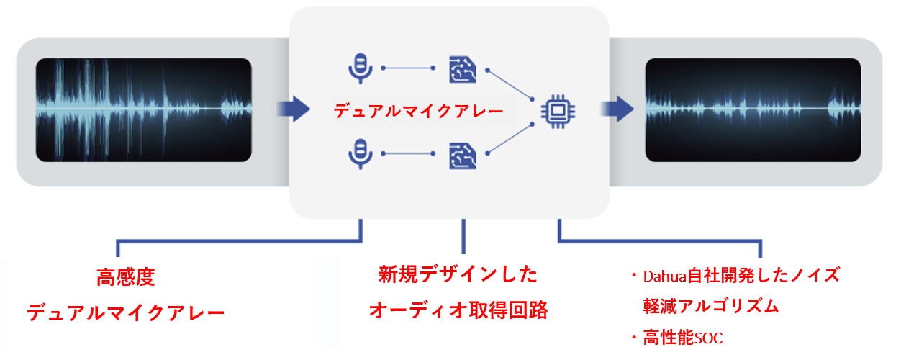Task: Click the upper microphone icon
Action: click(x=359, y=68)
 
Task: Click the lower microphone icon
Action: click(x=359, y=153)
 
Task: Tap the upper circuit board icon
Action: click(x=463, y=68)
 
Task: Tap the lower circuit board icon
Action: click(x=463, y=154)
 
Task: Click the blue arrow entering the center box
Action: click(x=293, y=109)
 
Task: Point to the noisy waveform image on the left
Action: click(x=144, y=109)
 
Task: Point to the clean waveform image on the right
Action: click(x=753, y=109)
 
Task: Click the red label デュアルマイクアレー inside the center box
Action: click(x=418, y=112)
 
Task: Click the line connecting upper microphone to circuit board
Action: click(x=409, y=68)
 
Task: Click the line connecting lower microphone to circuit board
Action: click(x=409, y=153)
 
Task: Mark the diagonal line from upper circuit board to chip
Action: click(x=510, y=85)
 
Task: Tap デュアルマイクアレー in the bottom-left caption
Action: click(x=126, y=314)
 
